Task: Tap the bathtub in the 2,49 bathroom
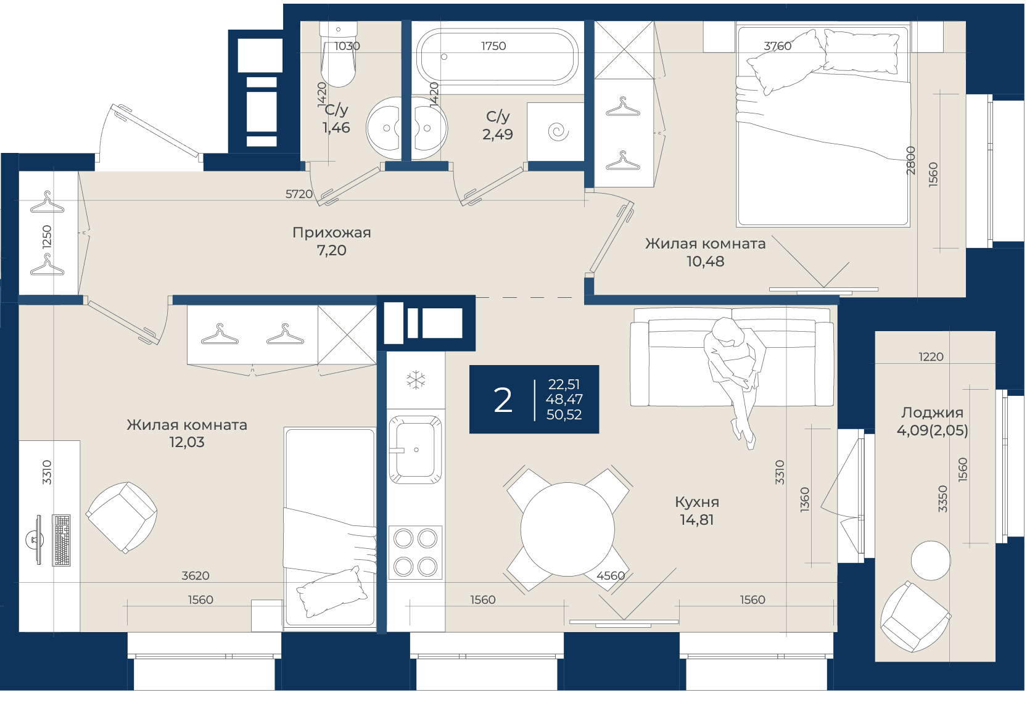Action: (x=497, y=57)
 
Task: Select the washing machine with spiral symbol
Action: (x=555, y=131)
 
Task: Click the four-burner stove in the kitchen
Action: (x=415, y=553)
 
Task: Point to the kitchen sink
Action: (x=415, y=450)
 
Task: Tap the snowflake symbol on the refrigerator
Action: (x=416, y=380)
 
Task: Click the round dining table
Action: (x=568, y=529)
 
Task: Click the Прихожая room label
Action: (x=331, y=232)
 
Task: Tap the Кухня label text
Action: (x=697, y=502)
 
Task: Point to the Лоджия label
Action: (x=932, y=413)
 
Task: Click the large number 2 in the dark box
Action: (x=503, y=400)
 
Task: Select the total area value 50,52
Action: (x=564, y=415)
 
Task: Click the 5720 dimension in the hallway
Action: (x=299, y=194)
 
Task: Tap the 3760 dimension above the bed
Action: (x=778, y=46)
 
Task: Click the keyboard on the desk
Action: (x=62, y=540)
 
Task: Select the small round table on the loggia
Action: (x=931, y=561)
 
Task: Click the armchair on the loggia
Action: (x=915, y=617)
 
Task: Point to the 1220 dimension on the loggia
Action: (x=931, y=356)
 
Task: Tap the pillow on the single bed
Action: (x=331, y=591)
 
